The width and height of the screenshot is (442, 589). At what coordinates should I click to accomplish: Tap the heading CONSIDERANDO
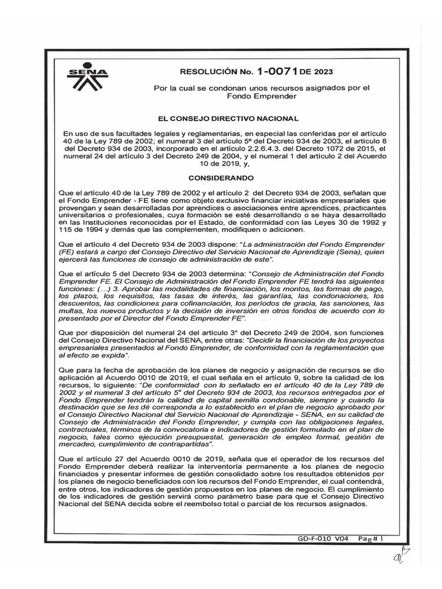pyautogui.click(x=221, y=178)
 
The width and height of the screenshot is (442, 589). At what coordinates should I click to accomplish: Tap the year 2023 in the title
pyautogui.click(x=321, y=72)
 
